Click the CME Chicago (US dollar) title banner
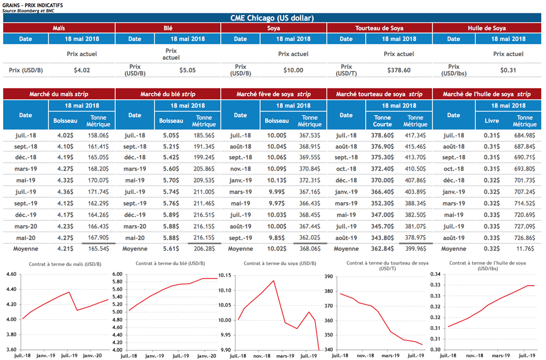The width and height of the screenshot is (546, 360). click(273, 18)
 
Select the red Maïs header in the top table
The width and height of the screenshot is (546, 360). click(59, 28)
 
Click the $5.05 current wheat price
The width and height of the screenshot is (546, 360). click(188, 70)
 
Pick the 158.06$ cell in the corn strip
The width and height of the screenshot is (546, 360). click(97, 135)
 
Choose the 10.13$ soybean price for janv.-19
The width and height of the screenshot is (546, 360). click(277, 180)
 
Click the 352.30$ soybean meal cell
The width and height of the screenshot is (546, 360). click(382, 203)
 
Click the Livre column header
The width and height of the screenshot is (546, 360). click(492, 121)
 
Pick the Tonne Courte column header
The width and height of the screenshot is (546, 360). click(382, 121)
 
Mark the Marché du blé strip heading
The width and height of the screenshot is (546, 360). click(167, 94)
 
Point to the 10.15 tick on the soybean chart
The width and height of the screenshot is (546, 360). click(225, 275)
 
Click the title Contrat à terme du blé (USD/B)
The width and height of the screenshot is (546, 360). click(170, 263)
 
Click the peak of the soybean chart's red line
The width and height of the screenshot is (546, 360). click(274, 281)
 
